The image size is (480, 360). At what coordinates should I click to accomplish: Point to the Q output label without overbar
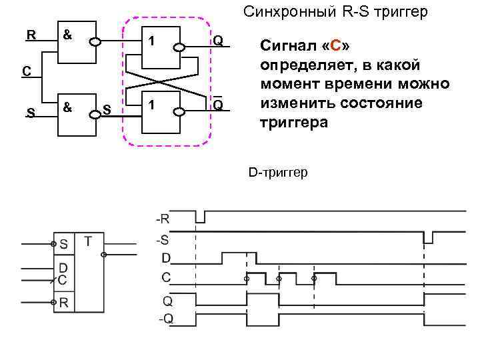(x=217, y=41)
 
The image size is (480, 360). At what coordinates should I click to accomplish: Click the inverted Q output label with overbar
(x=217, y=105)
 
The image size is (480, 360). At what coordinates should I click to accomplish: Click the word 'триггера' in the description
(x=293, y=123)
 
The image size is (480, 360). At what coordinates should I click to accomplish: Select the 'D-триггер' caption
(x=278, y=173)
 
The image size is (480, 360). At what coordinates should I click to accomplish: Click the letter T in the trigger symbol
(x=89, y=241)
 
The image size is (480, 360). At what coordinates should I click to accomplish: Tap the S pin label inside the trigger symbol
(x=64, y=244)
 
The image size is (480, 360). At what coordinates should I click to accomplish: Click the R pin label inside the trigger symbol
(x=64, y=303)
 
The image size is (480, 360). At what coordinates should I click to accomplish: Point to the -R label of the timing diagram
(x=163, y=218)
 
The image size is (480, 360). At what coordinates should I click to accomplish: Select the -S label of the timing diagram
(x=163, y=238)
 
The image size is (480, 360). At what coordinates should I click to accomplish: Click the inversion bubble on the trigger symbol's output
(x=103, y=254)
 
